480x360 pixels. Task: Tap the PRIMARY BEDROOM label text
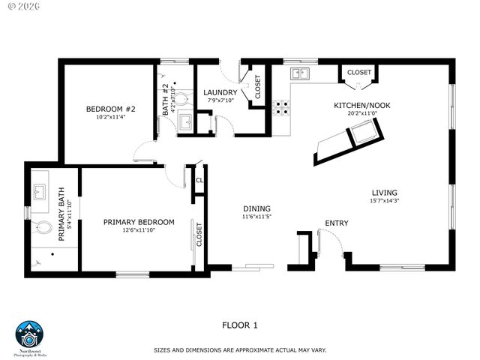point(139,222)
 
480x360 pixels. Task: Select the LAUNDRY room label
point(220,93)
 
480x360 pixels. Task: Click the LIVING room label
point(384,193)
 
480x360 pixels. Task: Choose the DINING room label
point(256,208)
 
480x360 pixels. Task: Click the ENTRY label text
point(336,223)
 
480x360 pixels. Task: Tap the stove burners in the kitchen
point(281,108)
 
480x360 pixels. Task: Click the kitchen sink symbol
point(301,73)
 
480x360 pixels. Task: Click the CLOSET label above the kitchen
point(359,73)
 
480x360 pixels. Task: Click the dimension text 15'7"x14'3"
point(385,201)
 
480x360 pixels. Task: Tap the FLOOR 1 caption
point(239,325)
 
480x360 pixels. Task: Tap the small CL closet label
point(199,180)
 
